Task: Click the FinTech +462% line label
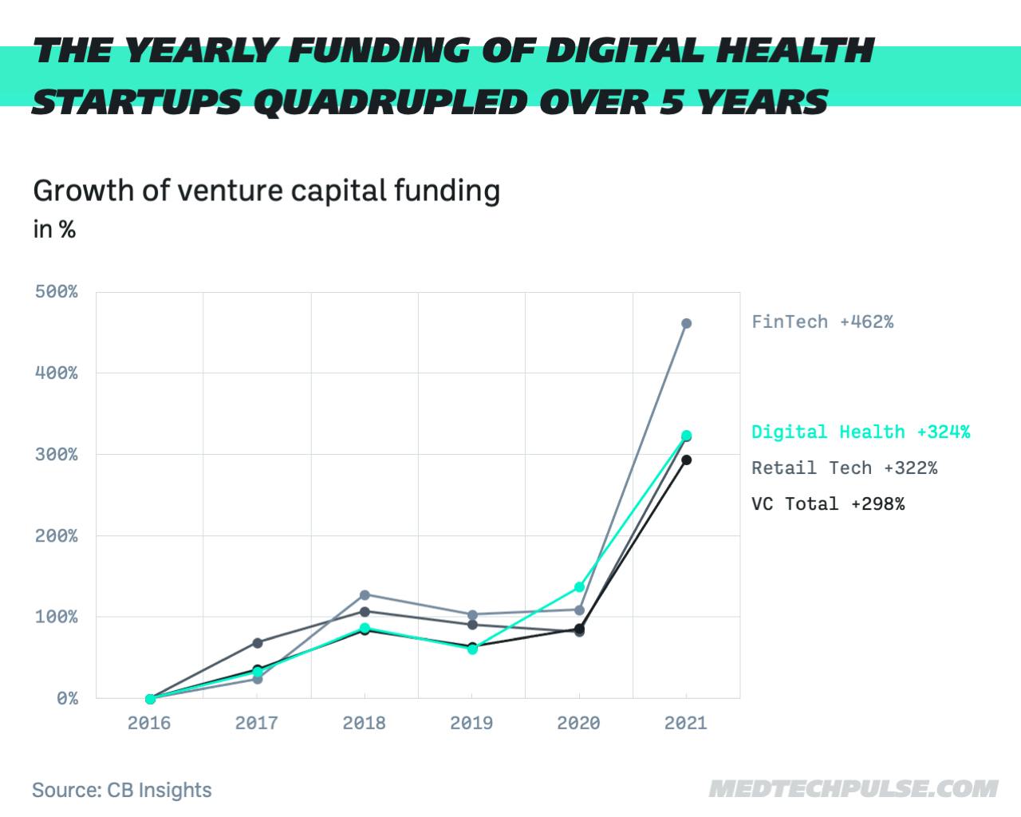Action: point(822,322)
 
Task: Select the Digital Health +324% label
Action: point(861,432)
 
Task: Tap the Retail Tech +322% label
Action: point(844,468)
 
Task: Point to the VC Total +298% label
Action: point(828,504)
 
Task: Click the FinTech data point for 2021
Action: point(686,324)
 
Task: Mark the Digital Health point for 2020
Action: point(579,587)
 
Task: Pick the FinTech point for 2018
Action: point(365,595)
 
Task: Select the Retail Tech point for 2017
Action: point(258,643)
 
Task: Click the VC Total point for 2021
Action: point(686,460)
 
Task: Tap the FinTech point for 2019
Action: point(472,614)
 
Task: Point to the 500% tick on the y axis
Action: point(57,292)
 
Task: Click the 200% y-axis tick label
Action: point(57,536)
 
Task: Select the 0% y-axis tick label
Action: point(67,699)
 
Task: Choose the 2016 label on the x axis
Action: point(149,724)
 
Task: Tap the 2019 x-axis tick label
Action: point(471,724)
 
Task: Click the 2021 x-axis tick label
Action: point(686,724)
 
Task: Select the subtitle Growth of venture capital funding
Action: point(266,191)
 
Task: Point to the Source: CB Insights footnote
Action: point(122,791)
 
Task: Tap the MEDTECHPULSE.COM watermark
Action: point(853,789)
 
